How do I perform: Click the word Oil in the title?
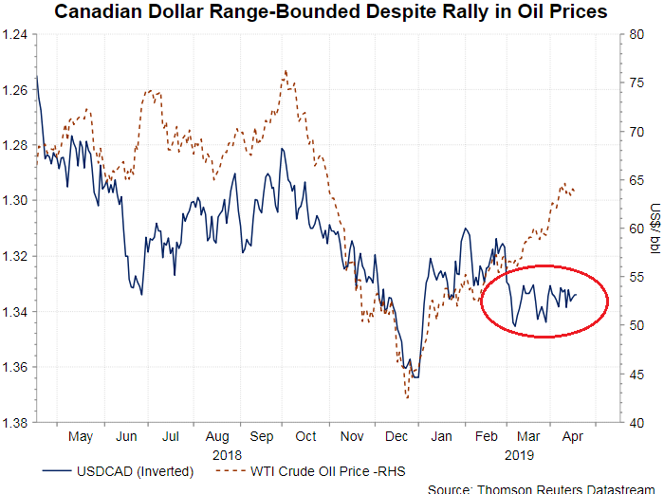(509, 12)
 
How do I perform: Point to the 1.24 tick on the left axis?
(16, 35)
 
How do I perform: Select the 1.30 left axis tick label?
(16, 200)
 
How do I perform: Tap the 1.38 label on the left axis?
(16, 422)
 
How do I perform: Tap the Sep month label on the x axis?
(261, 437)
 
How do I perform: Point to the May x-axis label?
(81, 437)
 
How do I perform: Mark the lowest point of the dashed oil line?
(407, 398)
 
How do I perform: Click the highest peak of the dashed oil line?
(285, 70)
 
